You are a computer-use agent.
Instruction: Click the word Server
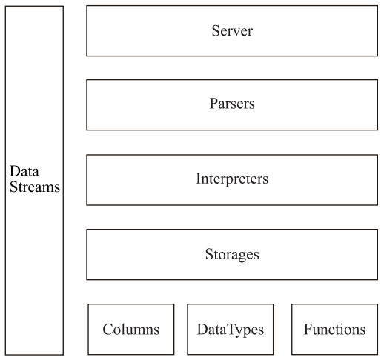[232, 31]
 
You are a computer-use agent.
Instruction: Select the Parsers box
[232, 104]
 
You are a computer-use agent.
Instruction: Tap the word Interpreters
[232, 179]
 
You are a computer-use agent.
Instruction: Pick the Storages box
[232, 255]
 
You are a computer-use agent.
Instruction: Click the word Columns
[131, 330]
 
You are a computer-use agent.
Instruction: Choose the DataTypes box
[231, 330]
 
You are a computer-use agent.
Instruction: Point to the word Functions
[334, 330]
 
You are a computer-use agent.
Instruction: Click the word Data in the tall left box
[24, 171]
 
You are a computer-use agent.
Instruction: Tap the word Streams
[35, 187]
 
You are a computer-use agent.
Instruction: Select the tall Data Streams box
[34, 181]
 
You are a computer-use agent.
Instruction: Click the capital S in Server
[216, 31]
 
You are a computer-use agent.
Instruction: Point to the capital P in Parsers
[213, 103]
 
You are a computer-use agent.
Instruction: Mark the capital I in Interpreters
[199, 179]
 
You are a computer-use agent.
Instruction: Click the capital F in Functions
[308, 329]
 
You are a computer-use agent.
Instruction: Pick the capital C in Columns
[108, 330]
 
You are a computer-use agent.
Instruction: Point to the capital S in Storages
[209, 254]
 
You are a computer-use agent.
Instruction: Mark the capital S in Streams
[13, 187]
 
